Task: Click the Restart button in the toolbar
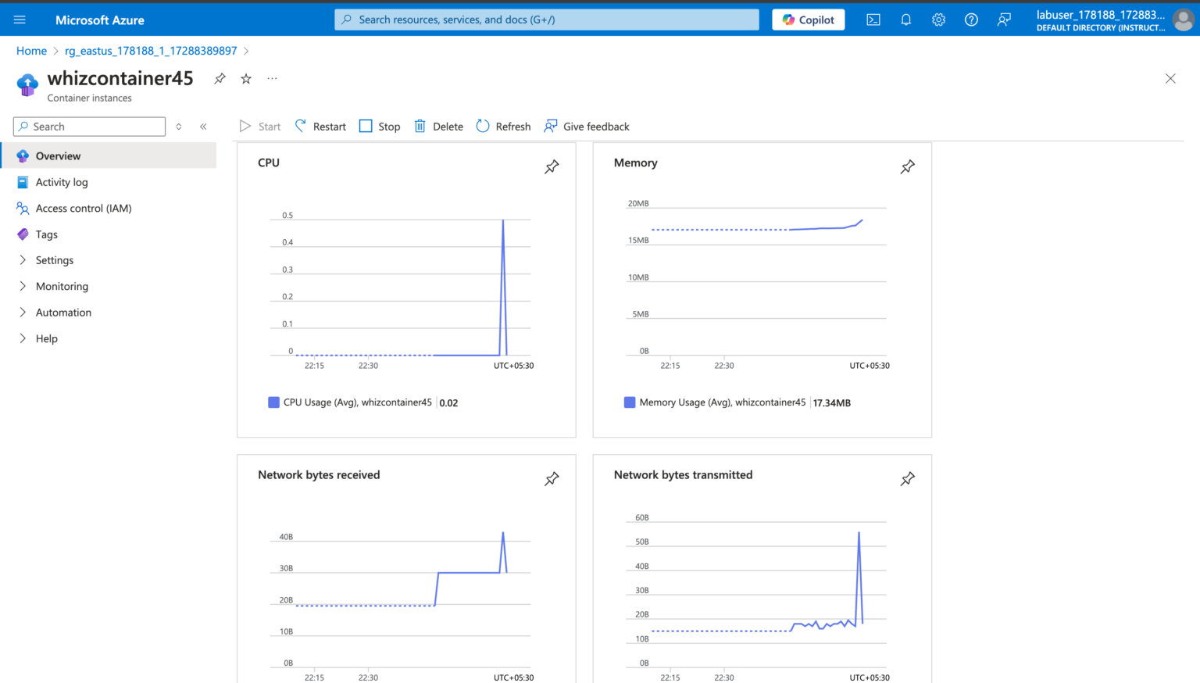coord(320,127)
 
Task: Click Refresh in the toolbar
coord(503,127)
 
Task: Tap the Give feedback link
coord(587,127)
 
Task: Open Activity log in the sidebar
coord(62,182)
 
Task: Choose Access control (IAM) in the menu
coord(83,208)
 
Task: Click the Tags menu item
coord(46,234)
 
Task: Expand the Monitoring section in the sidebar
coord(62,286)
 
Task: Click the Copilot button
coord(808,20)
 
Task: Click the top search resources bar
coord(547,20)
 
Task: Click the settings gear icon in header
coord(938,20)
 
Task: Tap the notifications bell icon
coord(905,20)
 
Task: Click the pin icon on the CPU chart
coord(552,166)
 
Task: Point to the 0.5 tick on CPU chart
coord(287,215)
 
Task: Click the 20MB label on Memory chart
coord(638,203)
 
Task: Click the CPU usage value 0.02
coord(448,403)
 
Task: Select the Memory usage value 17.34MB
coord(831,403)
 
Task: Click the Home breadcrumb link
coord(31,51)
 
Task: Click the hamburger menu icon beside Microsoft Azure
coord(20,20)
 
